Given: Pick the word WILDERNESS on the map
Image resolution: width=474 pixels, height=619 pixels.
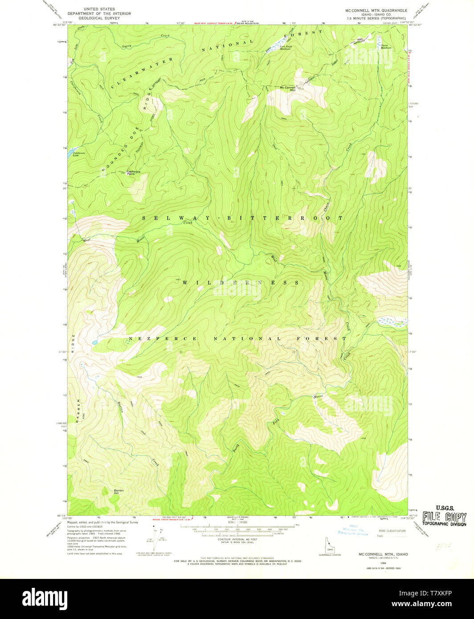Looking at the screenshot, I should click(241, 282).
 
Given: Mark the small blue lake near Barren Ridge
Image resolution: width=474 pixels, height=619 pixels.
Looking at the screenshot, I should click(95, 342).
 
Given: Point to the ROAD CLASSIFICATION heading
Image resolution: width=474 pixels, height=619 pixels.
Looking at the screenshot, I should click(392, 531).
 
